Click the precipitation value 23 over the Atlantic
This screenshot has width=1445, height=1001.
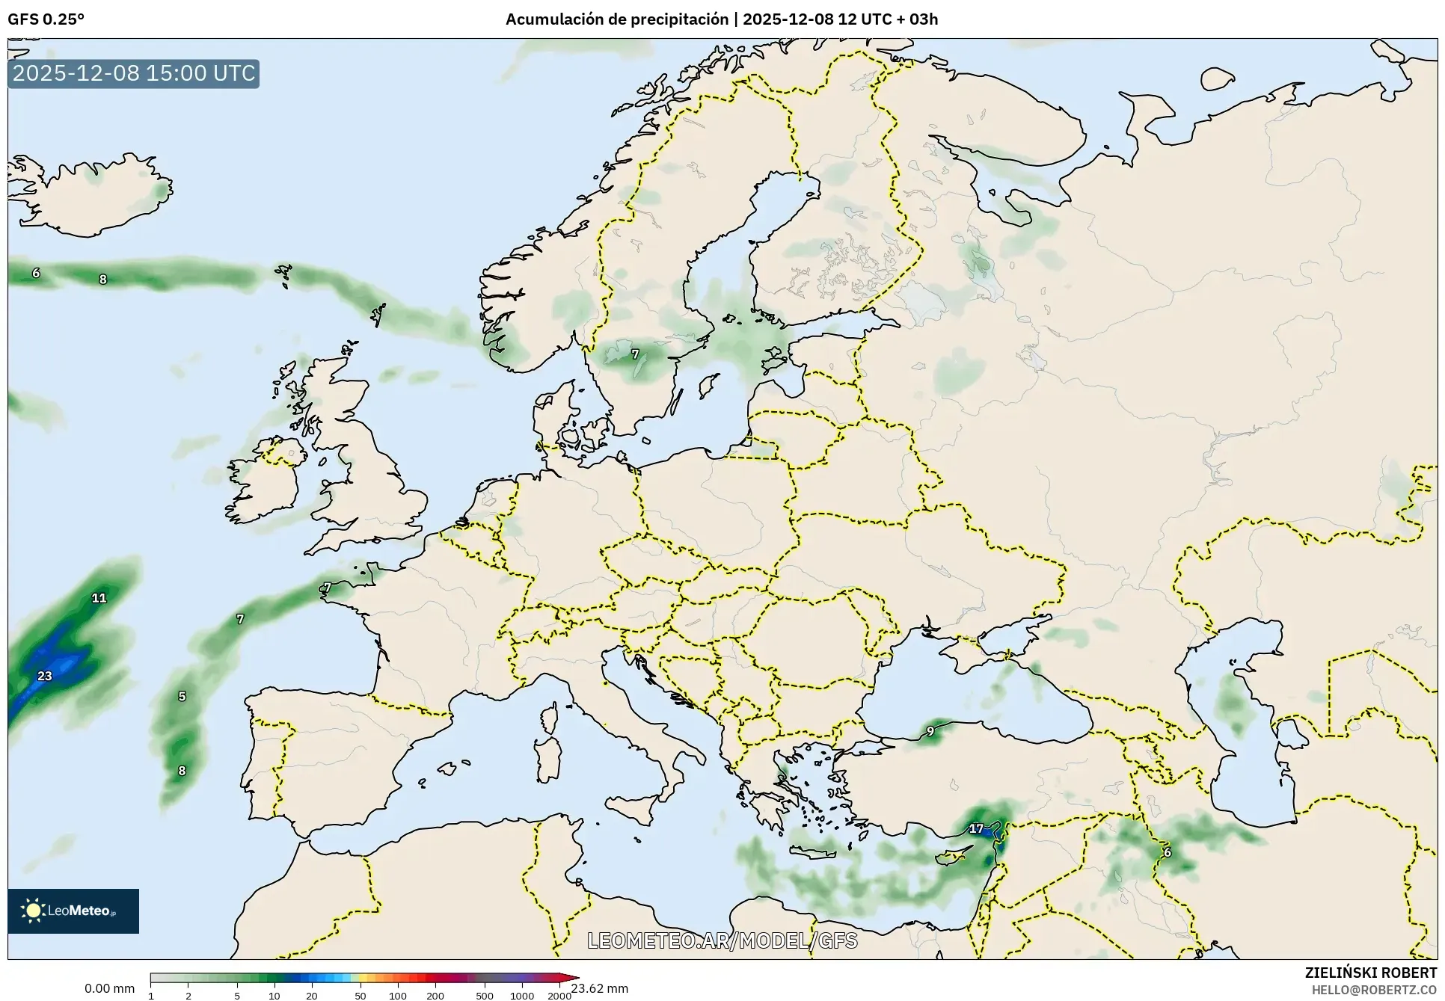(x=45, y=676)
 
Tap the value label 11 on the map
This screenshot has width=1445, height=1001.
(x=99, y=597)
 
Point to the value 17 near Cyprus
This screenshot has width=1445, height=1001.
(x=976, y=828)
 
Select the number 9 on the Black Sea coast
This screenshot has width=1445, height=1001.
(x=930, y=731)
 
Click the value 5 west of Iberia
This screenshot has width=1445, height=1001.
(x=182, y=696)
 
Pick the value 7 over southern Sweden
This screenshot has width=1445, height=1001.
(x=635, y=354)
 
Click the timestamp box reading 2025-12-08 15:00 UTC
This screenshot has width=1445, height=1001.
(x=134, y=73)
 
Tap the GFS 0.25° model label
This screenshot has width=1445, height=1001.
(x=46, y=19)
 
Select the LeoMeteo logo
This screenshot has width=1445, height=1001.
(x=73, y=911)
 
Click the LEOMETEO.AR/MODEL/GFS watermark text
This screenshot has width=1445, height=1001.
(x=722, y=940)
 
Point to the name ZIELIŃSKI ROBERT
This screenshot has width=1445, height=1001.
(x=1370, y=973)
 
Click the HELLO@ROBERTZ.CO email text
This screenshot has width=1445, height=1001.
(x=1374, y=989)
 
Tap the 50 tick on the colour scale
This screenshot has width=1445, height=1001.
(x=361, y=995)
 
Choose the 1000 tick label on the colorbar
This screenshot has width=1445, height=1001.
(x=521, y=995)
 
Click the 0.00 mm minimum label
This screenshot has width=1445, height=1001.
(x=109, y=988)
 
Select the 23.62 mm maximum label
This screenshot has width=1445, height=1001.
(x=599, y=988)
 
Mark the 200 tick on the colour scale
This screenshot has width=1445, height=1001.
(x=435, y=995)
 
